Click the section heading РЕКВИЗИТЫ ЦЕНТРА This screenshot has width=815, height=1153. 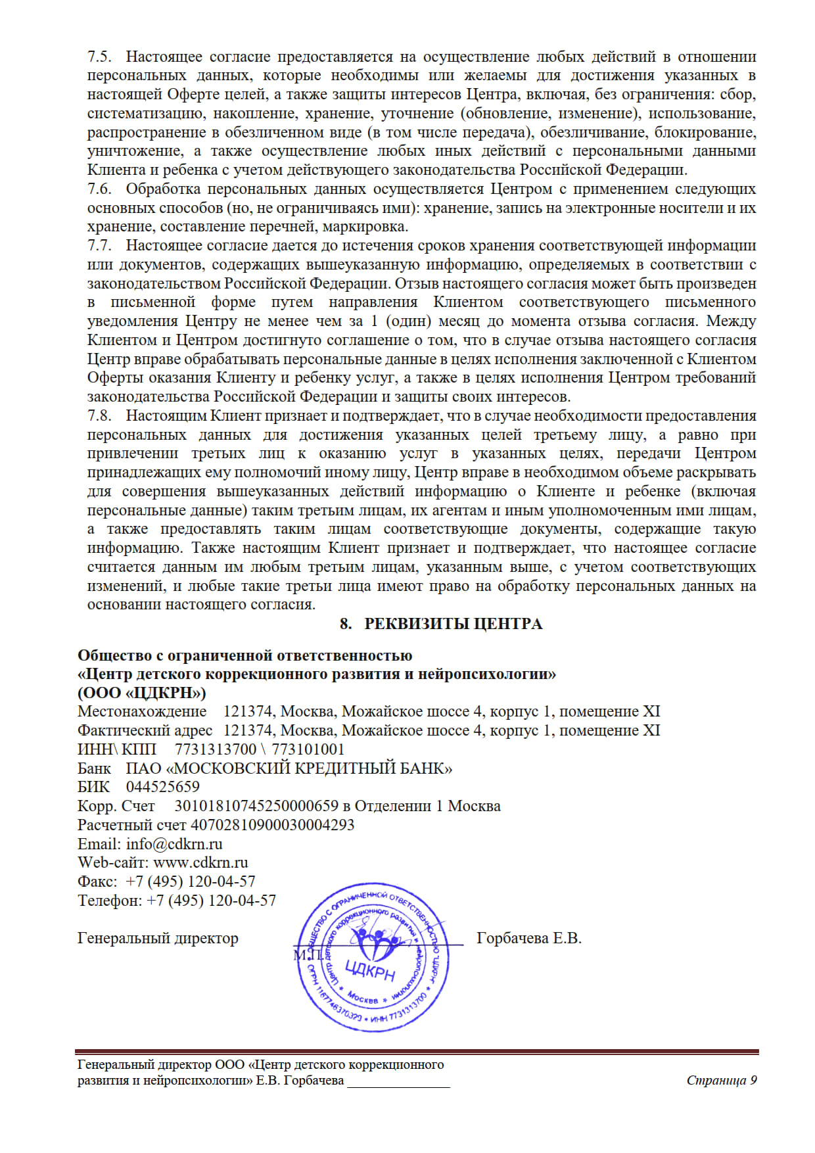click(x=453, y=624)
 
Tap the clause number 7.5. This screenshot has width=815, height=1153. click(x=99, y=57)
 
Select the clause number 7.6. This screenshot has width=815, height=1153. click(x=99, y=189)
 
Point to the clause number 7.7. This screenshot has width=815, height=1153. click(x=99, y=246)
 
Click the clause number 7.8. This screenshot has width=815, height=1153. click(x=99, y=416)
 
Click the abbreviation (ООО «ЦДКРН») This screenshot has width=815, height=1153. click(x=142, y=693)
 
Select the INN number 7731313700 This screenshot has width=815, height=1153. click(x=216, y=749)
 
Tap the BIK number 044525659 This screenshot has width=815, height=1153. click(x=162, y=787)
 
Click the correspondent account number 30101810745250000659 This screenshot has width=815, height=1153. click(x=256, y=806)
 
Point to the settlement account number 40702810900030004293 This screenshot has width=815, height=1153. click(x=272, y=825)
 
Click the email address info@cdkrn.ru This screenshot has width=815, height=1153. click(x=174, y=844)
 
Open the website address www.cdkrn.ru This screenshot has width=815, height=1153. click(x=200, y=862)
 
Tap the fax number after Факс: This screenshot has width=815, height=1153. click(x=190, y=882)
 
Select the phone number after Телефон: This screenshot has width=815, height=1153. click(x=211, y=901)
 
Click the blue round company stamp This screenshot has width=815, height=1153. click(x=373, y=958)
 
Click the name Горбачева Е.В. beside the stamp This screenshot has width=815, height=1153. click(x=528, y=939)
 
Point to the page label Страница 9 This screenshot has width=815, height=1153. click(x=721, y=1081)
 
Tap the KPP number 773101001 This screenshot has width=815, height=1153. click(x=308, y=749)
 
